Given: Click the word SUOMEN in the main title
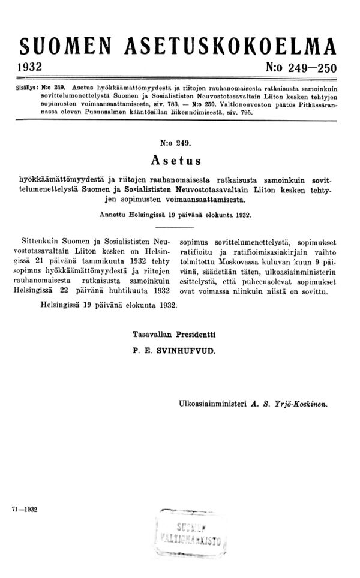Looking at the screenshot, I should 65,47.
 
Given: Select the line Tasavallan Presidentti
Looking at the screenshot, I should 174,333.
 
